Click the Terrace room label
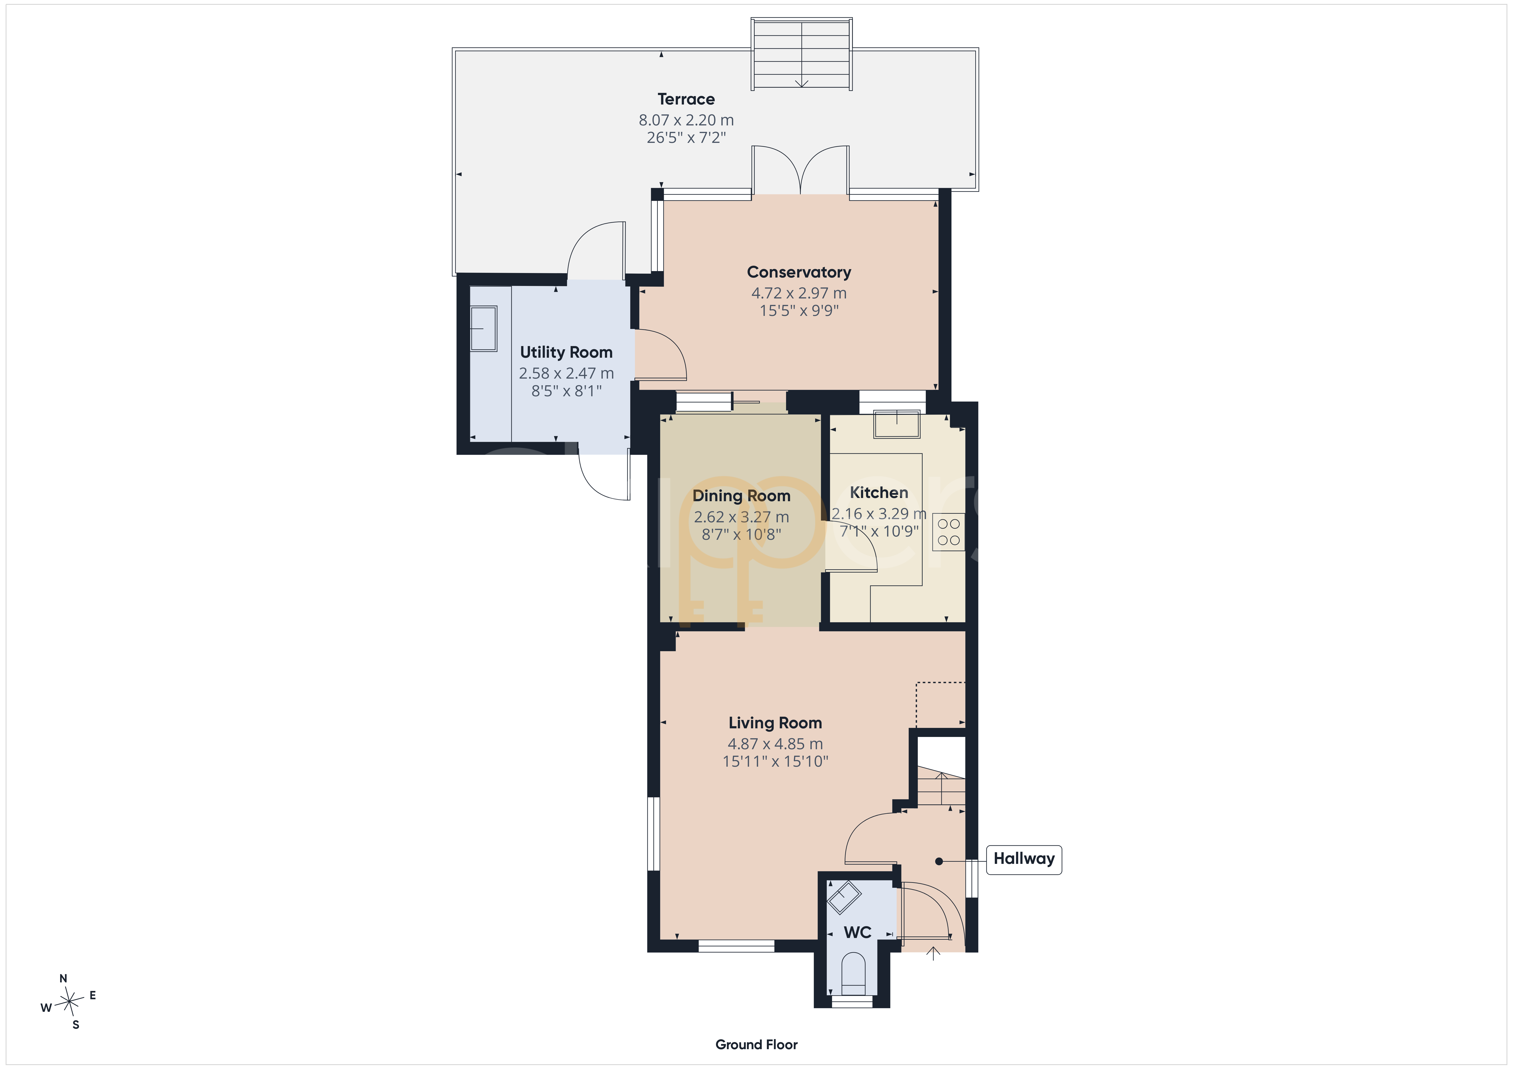tap(686, 100)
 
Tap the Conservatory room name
tap(799, 272)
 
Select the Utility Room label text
tap(566, 352)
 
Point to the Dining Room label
tap(741, 496)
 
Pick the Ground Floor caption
tap(756, 1044)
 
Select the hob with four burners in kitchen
tap(948, 532)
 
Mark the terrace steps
tap(801, 54)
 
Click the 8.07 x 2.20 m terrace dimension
tap(686, 120)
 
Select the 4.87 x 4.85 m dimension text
tap(775, 744)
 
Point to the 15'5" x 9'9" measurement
tap(799, 310)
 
